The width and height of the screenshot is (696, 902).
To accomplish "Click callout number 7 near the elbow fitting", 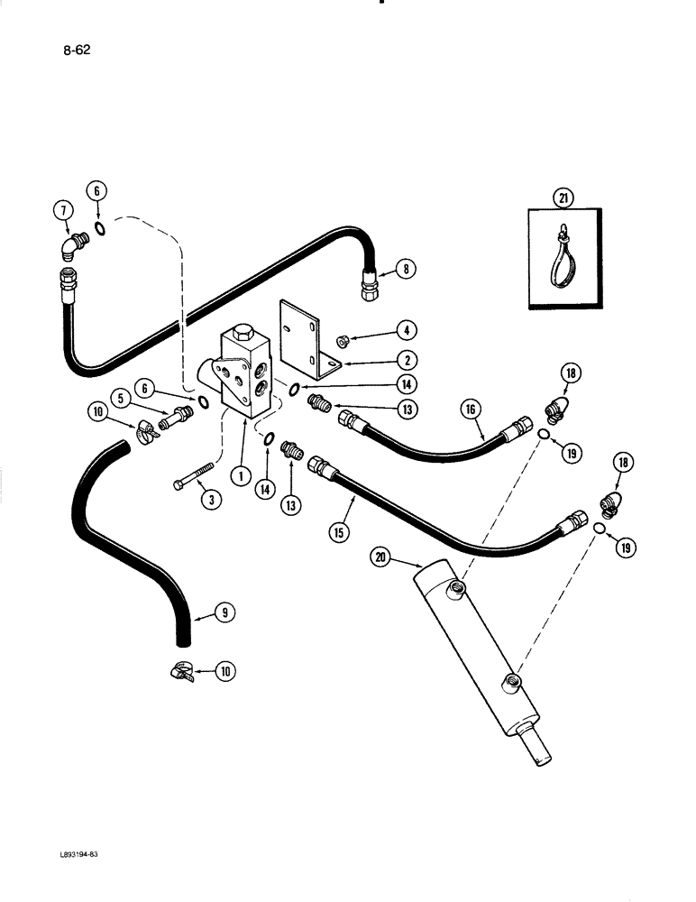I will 63,212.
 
